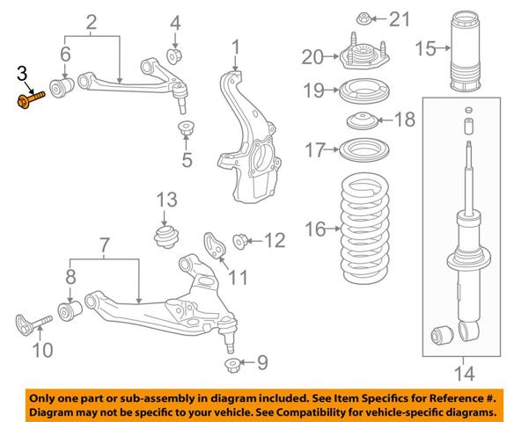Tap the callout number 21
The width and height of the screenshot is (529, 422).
coord(399,18)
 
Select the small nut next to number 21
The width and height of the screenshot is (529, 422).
coord(364,18)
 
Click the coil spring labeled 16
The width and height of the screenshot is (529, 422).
coord(365,229)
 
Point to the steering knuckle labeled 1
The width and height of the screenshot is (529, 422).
coord(249,138)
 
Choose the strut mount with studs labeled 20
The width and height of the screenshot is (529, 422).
coord(364,55)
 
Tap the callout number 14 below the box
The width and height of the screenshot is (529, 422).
coord(464,374)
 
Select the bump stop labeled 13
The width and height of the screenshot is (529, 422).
coord(166,237)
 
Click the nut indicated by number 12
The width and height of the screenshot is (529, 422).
coord(241,241)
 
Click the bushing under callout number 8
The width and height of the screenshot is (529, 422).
coord(70,311)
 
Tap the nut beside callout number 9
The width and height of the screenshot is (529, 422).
coord(232,366)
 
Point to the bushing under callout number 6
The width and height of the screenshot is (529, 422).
coord(62,87)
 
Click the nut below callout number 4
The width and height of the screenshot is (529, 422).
coord(175,56)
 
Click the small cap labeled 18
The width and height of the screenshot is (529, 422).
coord(363,120)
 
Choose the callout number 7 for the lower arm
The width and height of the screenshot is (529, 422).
coord(104,245)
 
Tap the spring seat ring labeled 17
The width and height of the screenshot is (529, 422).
coord(364,150)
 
